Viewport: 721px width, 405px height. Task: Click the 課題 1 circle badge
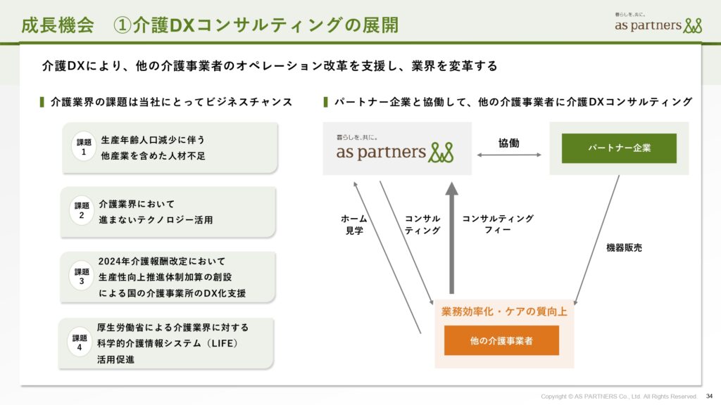click(x=84, y=146)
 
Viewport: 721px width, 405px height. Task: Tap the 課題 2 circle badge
click(x=82, y=210)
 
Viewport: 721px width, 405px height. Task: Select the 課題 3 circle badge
click(x=82, y=276)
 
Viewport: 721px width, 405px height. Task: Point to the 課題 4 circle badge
click(x=80, y=342)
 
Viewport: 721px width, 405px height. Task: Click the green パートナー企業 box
click(x=619, y=148)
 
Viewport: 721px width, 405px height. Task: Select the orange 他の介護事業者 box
click(x=501, y=340)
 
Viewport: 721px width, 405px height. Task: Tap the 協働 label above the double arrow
click(x=508, y=143)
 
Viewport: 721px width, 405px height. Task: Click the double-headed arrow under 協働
click(x=509, y=155)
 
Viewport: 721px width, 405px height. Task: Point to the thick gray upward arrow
click(x=451, y=238)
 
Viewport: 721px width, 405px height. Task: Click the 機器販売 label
click(x=624, y=248)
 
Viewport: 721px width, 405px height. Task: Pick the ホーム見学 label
click(x=354, y=224)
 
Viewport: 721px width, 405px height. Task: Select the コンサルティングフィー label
click(x=498, y=224)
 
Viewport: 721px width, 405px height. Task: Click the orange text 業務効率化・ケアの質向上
click(x=504, y=311)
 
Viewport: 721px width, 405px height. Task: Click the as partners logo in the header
click(x=658, y=23)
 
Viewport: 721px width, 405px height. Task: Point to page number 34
click(x=709, y=396)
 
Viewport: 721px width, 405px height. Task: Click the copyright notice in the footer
click(x=618, y=397)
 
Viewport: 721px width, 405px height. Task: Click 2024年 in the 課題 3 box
click(x=114, y=262)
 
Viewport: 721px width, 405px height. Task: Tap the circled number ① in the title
click(x=123, y=25)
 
